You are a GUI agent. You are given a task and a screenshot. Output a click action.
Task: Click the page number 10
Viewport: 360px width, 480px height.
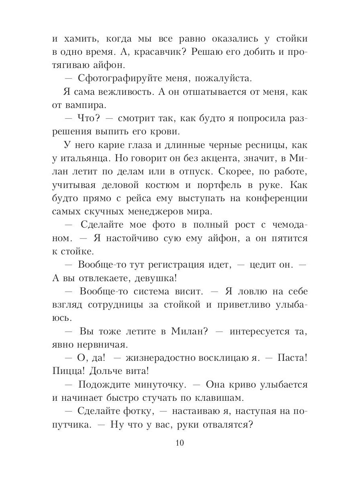(x=180, y=443)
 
